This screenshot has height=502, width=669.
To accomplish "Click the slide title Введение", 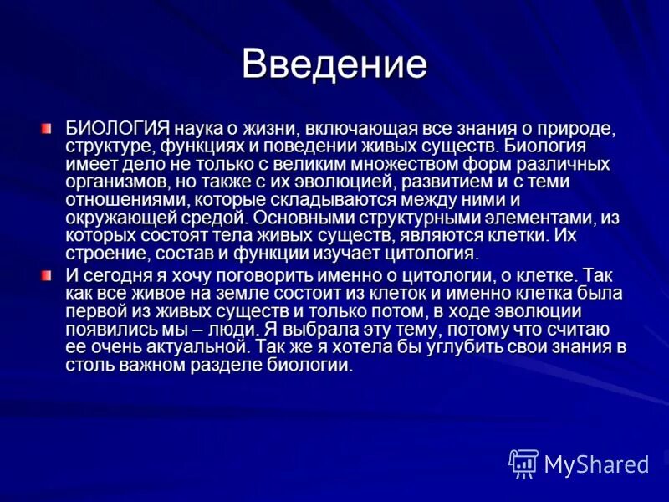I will tap(334, 64).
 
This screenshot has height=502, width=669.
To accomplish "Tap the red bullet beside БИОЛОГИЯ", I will tap(47, 127).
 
